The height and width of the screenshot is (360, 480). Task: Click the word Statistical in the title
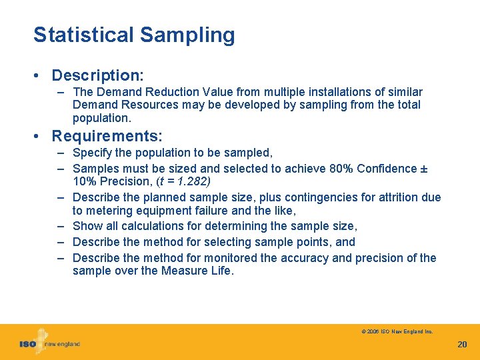coord(83,35)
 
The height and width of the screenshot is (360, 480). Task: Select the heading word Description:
coord(98,75)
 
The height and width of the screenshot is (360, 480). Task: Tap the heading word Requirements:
coord(107,136)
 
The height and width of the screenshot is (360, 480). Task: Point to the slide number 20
coord(462,344)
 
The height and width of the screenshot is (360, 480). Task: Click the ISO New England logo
coord(49,343)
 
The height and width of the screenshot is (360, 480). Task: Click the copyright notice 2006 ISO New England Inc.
coord(397,331)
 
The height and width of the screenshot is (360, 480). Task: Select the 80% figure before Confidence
coord(340,169)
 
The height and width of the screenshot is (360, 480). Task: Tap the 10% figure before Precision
coord(85,181)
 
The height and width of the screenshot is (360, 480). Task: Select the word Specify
coord(92,153)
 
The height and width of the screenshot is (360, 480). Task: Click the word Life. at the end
coord(221,271)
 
